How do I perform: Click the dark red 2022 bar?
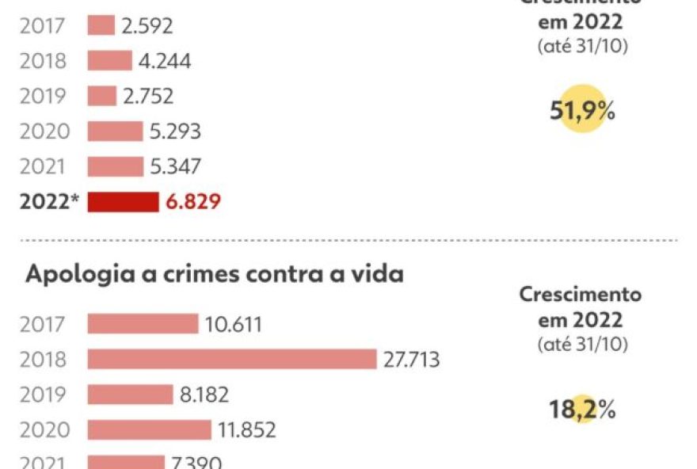(x=123, y=202)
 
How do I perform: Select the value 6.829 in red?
(x=193, y=202)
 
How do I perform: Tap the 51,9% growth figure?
(x=582, y=112)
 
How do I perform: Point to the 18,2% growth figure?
(x=582, y=410)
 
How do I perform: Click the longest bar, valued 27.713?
(x=231, y=359)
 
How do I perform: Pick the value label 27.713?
(x=412, y=360)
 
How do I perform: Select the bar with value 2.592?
(x=101, y=25)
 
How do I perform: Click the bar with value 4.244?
(x=109, y=61)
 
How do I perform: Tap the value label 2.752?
(x=148, y=96)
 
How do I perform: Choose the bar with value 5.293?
(x=115, y=131)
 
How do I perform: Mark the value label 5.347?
(x=175, y=166)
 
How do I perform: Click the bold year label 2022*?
(x=48, y=202)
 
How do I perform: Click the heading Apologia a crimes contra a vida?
(x=215, y=274)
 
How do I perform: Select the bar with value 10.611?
(x=143, y=324)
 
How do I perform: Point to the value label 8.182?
(x=204, y=395)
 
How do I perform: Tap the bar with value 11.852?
(x=149, y=429)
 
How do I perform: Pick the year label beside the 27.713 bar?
(x=44, y=360)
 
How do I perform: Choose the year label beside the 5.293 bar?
(x=44, y=132)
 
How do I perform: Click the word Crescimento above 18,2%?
(x=581, y=295)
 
